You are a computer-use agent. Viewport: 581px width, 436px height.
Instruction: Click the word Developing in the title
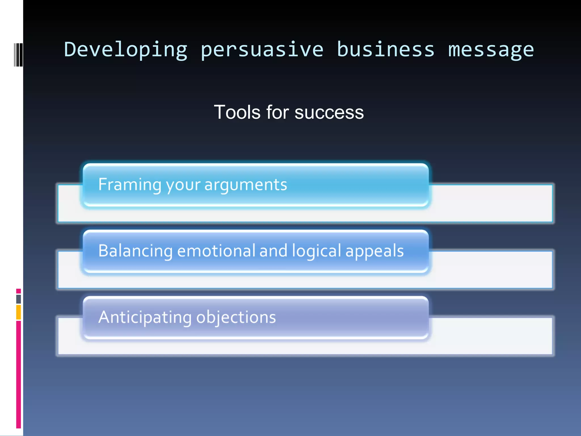(126, 50)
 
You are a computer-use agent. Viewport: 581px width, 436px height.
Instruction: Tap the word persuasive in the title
(262, 50)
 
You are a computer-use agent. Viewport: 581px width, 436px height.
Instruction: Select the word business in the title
(386, 50)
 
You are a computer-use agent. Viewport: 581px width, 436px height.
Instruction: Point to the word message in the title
(491, 50)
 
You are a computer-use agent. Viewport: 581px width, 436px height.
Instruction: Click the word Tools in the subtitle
(237, 112)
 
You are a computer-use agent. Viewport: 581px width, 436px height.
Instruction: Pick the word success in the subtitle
(329, 113)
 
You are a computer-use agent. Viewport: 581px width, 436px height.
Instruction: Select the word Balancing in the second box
(135, 251)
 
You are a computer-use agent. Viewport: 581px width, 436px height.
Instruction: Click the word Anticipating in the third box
(145, 318)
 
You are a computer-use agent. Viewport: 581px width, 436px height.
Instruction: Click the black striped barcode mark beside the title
(18, 55)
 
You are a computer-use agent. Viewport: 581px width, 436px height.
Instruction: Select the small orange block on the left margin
(18, 312)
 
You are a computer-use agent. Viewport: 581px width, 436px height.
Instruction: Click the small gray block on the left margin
(18, 299)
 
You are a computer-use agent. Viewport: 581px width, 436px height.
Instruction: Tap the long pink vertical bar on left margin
(18, 375)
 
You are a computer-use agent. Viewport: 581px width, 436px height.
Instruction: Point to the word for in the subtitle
(277, 112)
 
